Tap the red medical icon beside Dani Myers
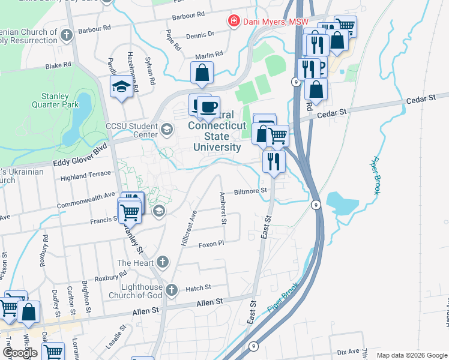(x=234, y=22)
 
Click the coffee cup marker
(x=208, y=107)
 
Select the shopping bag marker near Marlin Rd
(x=202, y=73)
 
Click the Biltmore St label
(x=250, y=190)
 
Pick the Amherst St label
(x=223, y=208)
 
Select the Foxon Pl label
(x=211, y=244)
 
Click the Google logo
(x=20, y=352)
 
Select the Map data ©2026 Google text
(x=411, y=355)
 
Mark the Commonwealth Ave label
(x=85, y=200)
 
